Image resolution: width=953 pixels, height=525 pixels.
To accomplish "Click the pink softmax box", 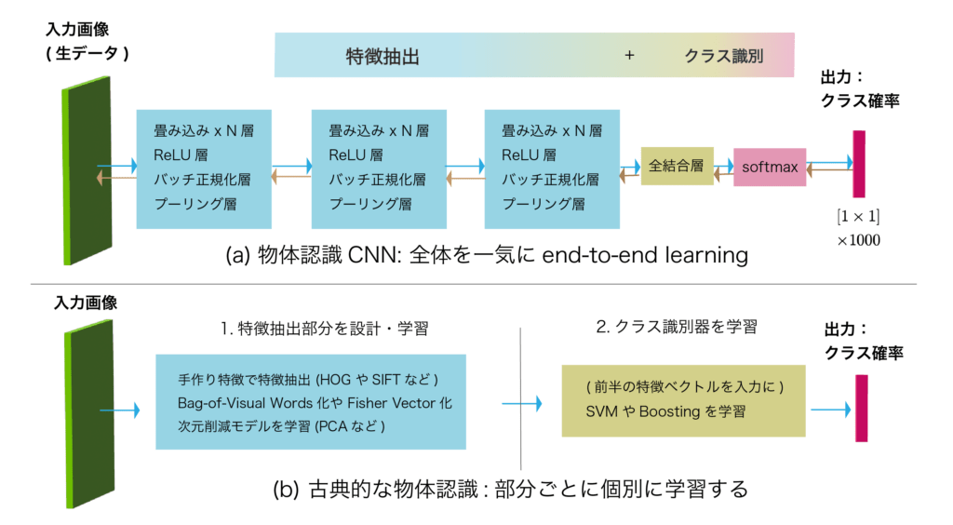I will [770, 167].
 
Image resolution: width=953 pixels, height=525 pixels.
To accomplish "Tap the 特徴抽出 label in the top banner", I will [382, 56].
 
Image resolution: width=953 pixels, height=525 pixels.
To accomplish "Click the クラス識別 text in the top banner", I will [724, 56].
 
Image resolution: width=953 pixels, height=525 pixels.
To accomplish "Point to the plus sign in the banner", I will [629, 56].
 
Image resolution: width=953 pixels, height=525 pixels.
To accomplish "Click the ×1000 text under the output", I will [857, 240].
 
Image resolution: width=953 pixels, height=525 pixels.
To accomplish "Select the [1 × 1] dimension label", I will [857, 218].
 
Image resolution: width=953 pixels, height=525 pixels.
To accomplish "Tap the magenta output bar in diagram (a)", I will [858, 164].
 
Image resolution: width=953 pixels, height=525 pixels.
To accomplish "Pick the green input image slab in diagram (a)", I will [87, 172].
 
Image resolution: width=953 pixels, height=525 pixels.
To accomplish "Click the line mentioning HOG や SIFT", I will [308, 381].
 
